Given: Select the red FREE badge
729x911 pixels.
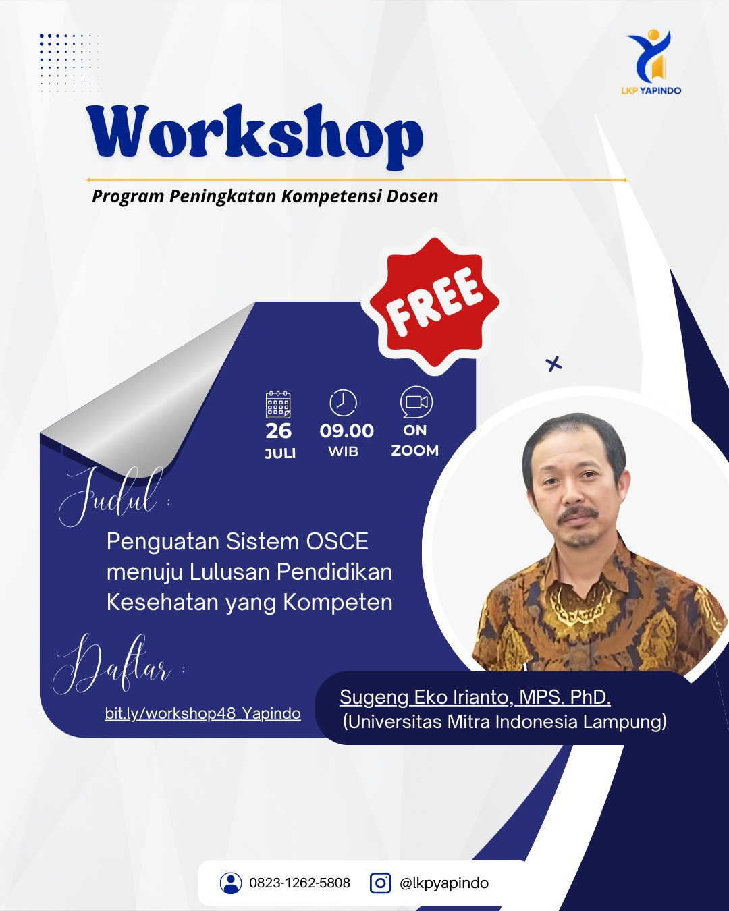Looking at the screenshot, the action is [x=434, y=302].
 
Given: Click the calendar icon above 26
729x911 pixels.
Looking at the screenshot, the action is [x=278, y=405].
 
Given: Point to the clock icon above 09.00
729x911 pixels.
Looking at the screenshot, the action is [x=343, y=403].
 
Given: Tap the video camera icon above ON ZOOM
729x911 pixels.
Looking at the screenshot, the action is [x=416, y=402].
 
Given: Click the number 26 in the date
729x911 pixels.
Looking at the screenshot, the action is [x=278, y=431].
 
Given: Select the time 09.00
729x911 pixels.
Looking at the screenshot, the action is [x=346, y=431].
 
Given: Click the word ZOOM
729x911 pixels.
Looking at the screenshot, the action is [x=414, y=451].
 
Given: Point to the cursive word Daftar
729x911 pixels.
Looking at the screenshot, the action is [x=112, y=664].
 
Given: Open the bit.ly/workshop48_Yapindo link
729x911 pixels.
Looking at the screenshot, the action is [x=203, y=713].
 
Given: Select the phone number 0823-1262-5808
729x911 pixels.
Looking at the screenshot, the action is [x=300, y=883].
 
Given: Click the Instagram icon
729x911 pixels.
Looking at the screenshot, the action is [x=380, y=883].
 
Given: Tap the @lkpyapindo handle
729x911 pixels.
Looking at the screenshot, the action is [x=444, y=883].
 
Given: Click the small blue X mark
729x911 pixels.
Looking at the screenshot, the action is [x=553, y=364].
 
